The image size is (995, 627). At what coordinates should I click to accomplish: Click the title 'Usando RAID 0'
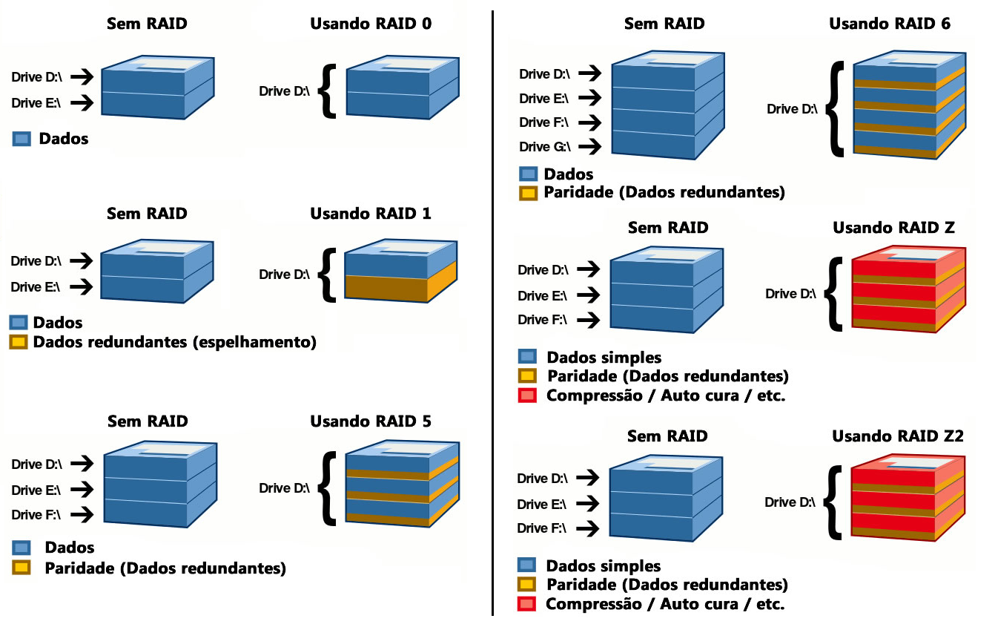[371, 24]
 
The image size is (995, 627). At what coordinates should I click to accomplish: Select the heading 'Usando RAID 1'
[371, 214]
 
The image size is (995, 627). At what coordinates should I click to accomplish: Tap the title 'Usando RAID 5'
[371, 421]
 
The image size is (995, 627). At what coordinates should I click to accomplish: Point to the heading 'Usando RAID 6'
[890, 24]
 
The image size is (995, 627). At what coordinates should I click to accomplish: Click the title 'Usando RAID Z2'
[897, 436]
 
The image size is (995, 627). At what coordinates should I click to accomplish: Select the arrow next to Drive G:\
[590, 146]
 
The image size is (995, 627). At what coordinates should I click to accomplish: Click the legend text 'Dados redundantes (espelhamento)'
[175, 342]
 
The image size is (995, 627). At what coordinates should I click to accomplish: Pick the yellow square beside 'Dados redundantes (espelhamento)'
[19, 342]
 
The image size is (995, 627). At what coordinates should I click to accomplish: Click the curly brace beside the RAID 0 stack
[327, 91]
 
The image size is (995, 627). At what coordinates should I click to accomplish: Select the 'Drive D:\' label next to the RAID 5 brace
[285, 488]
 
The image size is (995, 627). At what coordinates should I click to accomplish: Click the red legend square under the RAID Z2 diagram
[526, 604]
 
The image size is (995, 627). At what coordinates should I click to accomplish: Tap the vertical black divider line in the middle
[492, 312]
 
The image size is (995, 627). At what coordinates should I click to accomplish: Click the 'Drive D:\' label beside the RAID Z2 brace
[790, 503]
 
